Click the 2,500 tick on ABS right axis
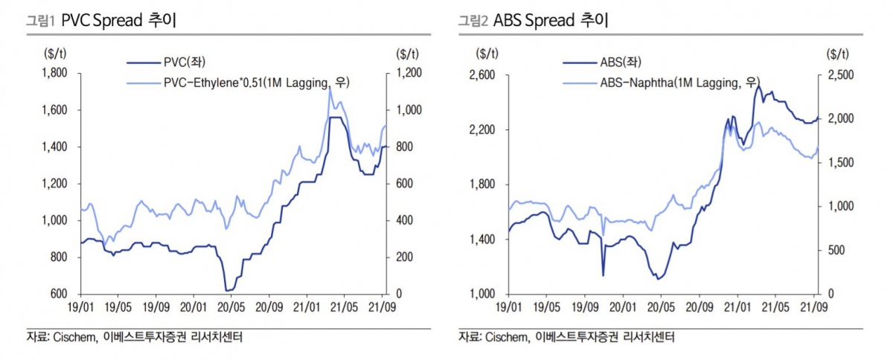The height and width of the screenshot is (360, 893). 839,75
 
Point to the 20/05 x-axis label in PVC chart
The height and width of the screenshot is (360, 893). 231,305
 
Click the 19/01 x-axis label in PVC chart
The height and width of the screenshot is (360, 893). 80,305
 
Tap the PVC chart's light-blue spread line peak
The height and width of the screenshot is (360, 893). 330,89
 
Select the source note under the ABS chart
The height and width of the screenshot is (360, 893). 566,338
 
